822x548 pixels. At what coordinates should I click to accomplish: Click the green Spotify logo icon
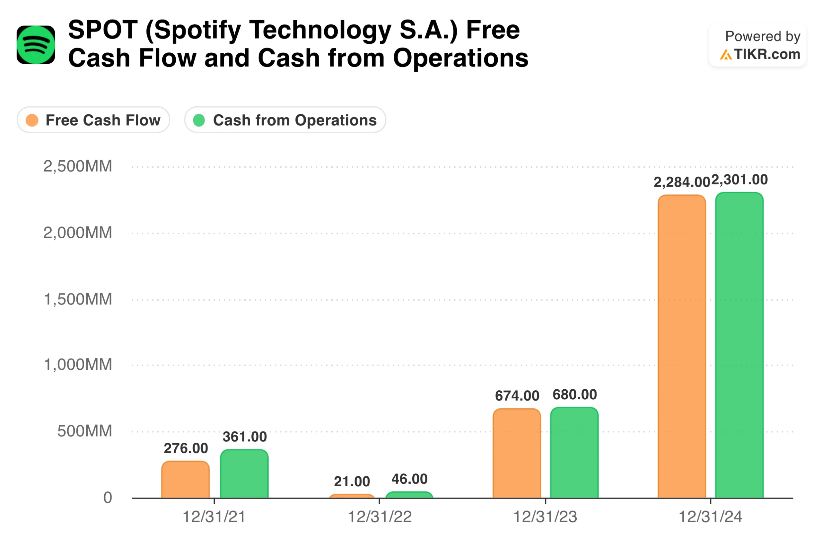tap(36, 45)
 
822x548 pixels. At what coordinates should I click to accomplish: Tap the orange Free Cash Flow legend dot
tap(32, 120)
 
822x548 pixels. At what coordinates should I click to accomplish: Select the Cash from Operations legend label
tap(294, 120)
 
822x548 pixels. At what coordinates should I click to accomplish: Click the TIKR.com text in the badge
tap(766, 54)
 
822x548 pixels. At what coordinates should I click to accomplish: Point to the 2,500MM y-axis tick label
tap(78, 166)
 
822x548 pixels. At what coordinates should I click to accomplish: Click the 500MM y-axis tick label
tap(84, 431)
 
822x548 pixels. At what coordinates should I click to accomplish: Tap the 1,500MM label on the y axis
tap(78, 299)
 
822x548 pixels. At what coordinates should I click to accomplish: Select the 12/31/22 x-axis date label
tap(380, 517)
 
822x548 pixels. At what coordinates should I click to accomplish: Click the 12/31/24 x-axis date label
tap(710, 517)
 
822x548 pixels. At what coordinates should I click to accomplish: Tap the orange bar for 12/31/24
tap(681, 346)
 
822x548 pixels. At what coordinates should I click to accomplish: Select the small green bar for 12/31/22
tap(409, 495)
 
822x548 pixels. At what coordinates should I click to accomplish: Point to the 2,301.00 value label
tap(739, 180)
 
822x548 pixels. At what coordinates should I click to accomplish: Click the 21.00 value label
tap(352, 482)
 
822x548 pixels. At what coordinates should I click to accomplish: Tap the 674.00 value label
tap(517, 396)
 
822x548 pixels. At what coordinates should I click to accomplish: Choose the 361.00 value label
tap(245, 437)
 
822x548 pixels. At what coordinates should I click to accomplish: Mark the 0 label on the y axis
tap(107, 497)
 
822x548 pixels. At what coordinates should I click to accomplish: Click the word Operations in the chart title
tap(460, 58)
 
